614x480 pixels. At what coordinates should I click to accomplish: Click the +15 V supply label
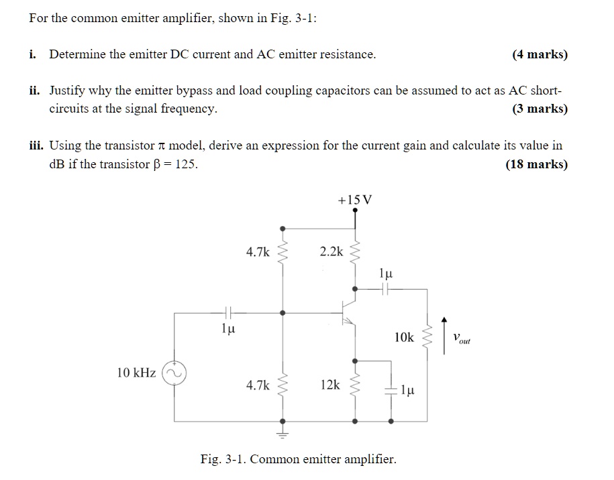pyautogui.click(x=355, y=199)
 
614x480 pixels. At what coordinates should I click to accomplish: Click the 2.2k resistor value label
pyautogui.click(x=331, y=252)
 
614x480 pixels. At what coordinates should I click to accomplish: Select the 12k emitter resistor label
pyautogui.click(x=330, y=385)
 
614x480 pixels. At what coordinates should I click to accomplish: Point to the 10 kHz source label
pyautogui.click(x=136, y=372)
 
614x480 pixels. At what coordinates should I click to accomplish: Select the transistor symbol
pyautogui.click(x=348, y=312)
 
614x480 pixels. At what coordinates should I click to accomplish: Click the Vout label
pyautogui.click(x=462, y=339)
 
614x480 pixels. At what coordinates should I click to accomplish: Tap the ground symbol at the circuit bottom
pyautogui.click(x=282, y=433)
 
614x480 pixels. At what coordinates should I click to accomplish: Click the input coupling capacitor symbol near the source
pyautogui.click(x=228, y=312)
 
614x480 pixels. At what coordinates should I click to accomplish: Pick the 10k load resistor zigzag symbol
pyautogui.click(x=427, y=338)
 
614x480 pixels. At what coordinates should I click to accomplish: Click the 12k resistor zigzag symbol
pyautogui.click(x=355, y=386)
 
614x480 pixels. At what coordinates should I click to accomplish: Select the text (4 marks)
pyautogui.click(x=540, y=54)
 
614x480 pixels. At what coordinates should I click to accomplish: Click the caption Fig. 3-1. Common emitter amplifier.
pyautogui.click(x=299, y=459)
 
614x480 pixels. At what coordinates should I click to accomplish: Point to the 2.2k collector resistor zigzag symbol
pyautogui.click(x=355, y=253)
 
